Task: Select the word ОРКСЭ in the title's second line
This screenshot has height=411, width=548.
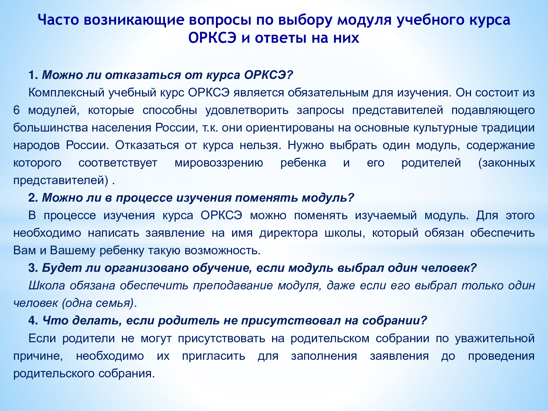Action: click(x=212, y=38)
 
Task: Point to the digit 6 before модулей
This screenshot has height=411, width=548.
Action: click(x=16, y=110)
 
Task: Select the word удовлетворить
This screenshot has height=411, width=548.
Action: click(x=247, y=110)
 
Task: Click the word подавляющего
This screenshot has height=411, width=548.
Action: click(x=493, y=110)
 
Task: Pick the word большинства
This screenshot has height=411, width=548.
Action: click(x=50, y=128)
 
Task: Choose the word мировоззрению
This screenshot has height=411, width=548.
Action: click(x=219, y=163)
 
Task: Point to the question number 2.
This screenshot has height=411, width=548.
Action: click(x=33, y=198)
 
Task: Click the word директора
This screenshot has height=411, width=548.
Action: click(x=289, y=233)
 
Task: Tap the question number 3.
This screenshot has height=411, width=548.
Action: click(x=33, y=268)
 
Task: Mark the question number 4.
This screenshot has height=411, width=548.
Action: click(x=33, y=320)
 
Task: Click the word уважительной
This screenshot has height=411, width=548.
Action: click(x=495, y=338)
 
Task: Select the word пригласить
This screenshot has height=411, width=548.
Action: click(x=213, y=356)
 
